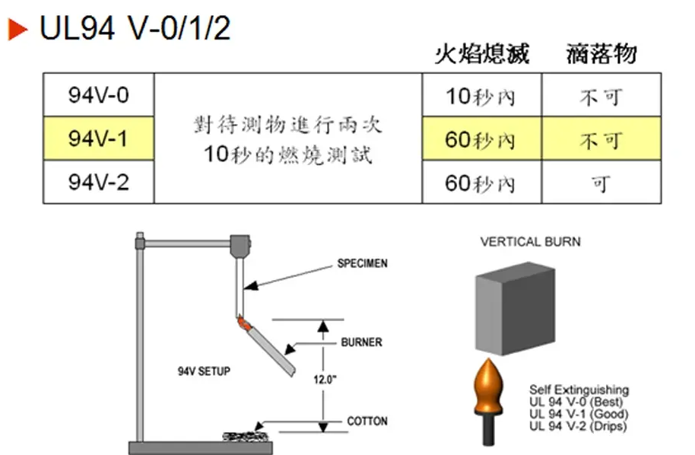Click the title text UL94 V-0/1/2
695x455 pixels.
[135, 29]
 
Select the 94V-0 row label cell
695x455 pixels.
[98, 96]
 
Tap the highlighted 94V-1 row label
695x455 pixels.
[98, 139]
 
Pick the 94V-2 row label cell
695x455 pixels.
[98, 183]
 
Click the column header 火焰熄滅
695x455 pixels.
[481, 54]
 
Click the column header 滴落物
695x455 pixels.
[601, 54]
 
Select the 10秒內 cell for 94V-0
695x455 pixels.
[481, 97]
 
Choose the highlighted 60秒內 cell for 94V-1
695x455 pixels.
[481, 140]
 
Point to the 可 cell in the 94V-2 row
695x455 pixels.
[601, 183]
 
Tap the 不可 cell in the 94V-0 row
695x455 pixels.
[601, 97]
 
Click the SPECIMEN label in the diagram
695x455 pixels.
[362, 264]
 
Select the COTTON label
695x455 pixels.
[367, 421]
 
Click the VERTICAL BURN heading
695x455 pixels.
[530, 242]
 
